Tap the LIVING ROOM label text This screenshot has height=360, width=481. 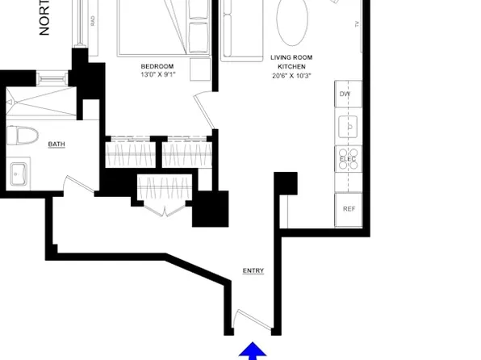[291, 58]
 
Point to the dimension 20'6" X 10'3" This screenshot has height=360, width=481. [291, 76]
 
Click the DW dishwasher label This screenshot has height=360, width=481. [345, 94]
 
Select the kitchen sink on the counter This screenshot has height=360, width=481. [348, 126]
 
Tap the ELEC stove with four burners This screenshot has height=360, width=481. [348, 158]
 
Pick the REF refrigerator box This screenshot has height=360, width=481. [349, 209]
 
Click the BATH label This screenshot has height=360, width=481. [56, 144]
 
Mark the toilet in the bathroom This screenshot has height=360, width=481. [22, 136]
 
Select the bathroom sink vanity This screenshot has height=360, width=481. [19, 173]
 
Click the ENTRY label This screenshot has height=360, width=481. [253, 270]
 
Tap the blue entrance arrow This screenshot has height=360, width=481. [253, 350]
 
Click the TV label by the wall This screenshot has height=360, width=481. [356, 25]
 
